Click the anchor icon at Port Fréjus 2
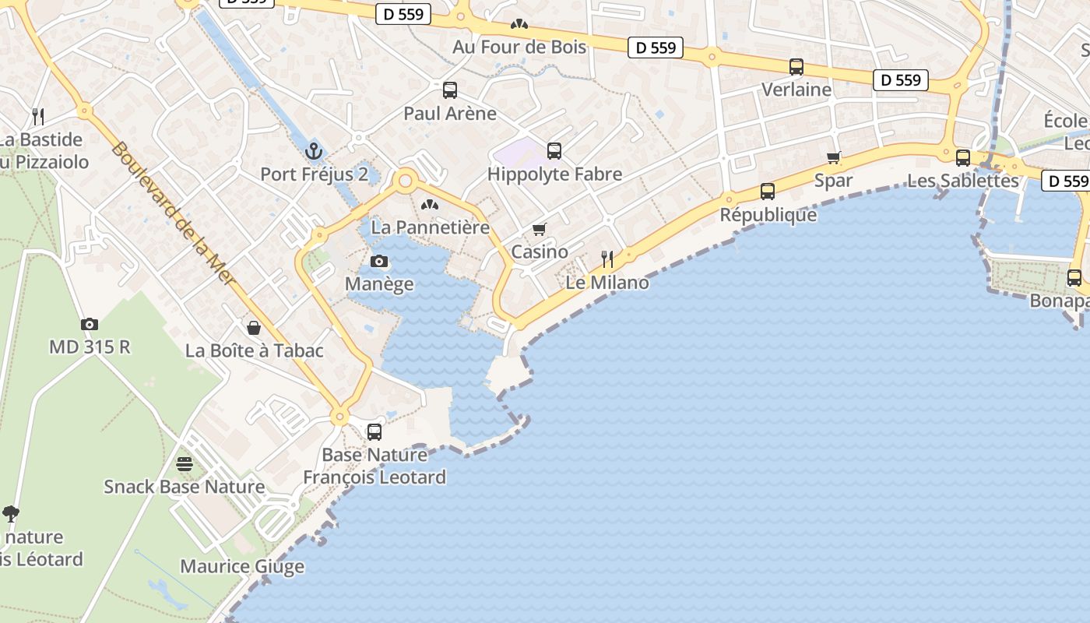[315, 150]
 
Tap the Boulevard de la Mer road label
[173, 213]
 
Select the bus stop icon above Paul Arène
[450, 90]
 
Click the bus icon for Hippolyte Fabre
[554, 150]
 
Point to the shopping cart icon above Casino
[539, 229]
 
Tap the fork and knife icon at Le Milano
[607, 259]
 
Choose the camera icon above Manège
[379, 261]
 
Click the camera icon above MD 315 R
[90, 324]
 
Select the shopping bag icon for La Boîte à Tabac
[254, 328]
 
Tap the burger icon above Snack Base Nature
[185, 464]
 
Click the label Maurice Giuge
[242, 566]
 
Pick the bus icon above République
[768, 191]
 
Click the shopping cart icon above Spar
[834, 158]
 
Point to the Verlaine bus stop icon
[796, 67]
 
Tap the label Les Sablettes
[963, 181]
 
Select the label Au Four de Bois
[519, 47]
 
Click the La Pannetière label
[431, 227]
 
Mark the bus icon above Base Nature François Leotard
[374, 431]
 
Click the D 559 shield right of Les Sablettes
[1065, 181]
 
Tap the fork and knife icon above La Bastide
[38, 117]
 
